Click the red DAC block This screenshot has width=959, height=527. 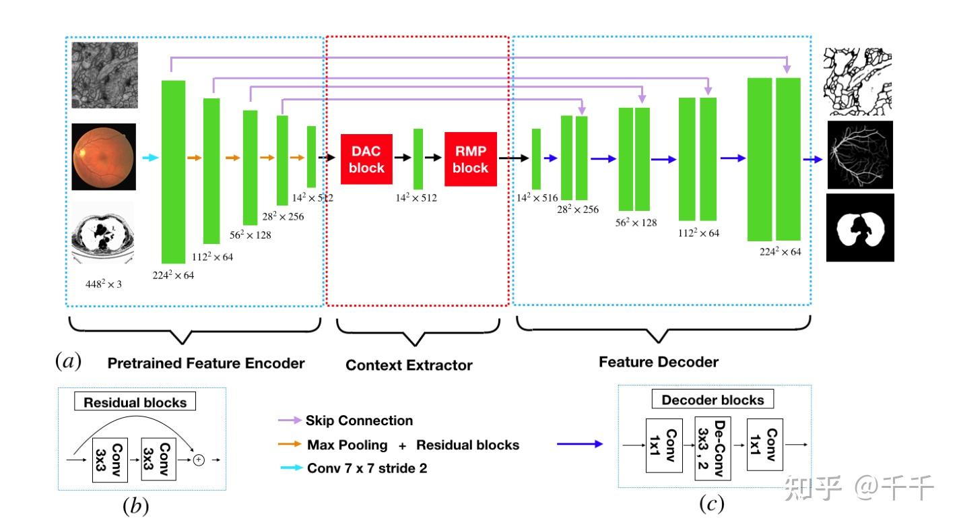point(366,159)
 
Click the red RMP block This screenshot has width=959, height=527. point(470,159)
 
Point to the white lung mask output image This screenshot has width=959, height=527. point(859,228)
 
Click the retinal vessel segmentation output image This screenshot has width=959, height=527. point(859,155)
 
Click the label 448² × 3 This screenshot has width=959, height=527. point(103,284)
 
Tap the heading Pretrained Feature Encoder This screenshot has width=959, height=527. point(206,363)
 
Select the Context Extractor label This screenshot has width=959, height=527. point(409,365)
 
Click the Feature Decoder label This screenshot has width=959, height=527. point(658,362)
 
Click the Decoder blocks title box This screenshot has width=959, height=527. point(713,400)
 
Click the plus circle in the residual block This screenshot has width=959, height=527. point(199,460)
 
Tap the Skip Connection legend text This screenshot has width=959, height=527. point(359,421)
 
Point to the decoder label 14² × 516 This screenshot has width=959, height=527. point(537,198)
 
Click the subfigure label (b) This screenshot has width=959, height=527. point(135,505)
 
